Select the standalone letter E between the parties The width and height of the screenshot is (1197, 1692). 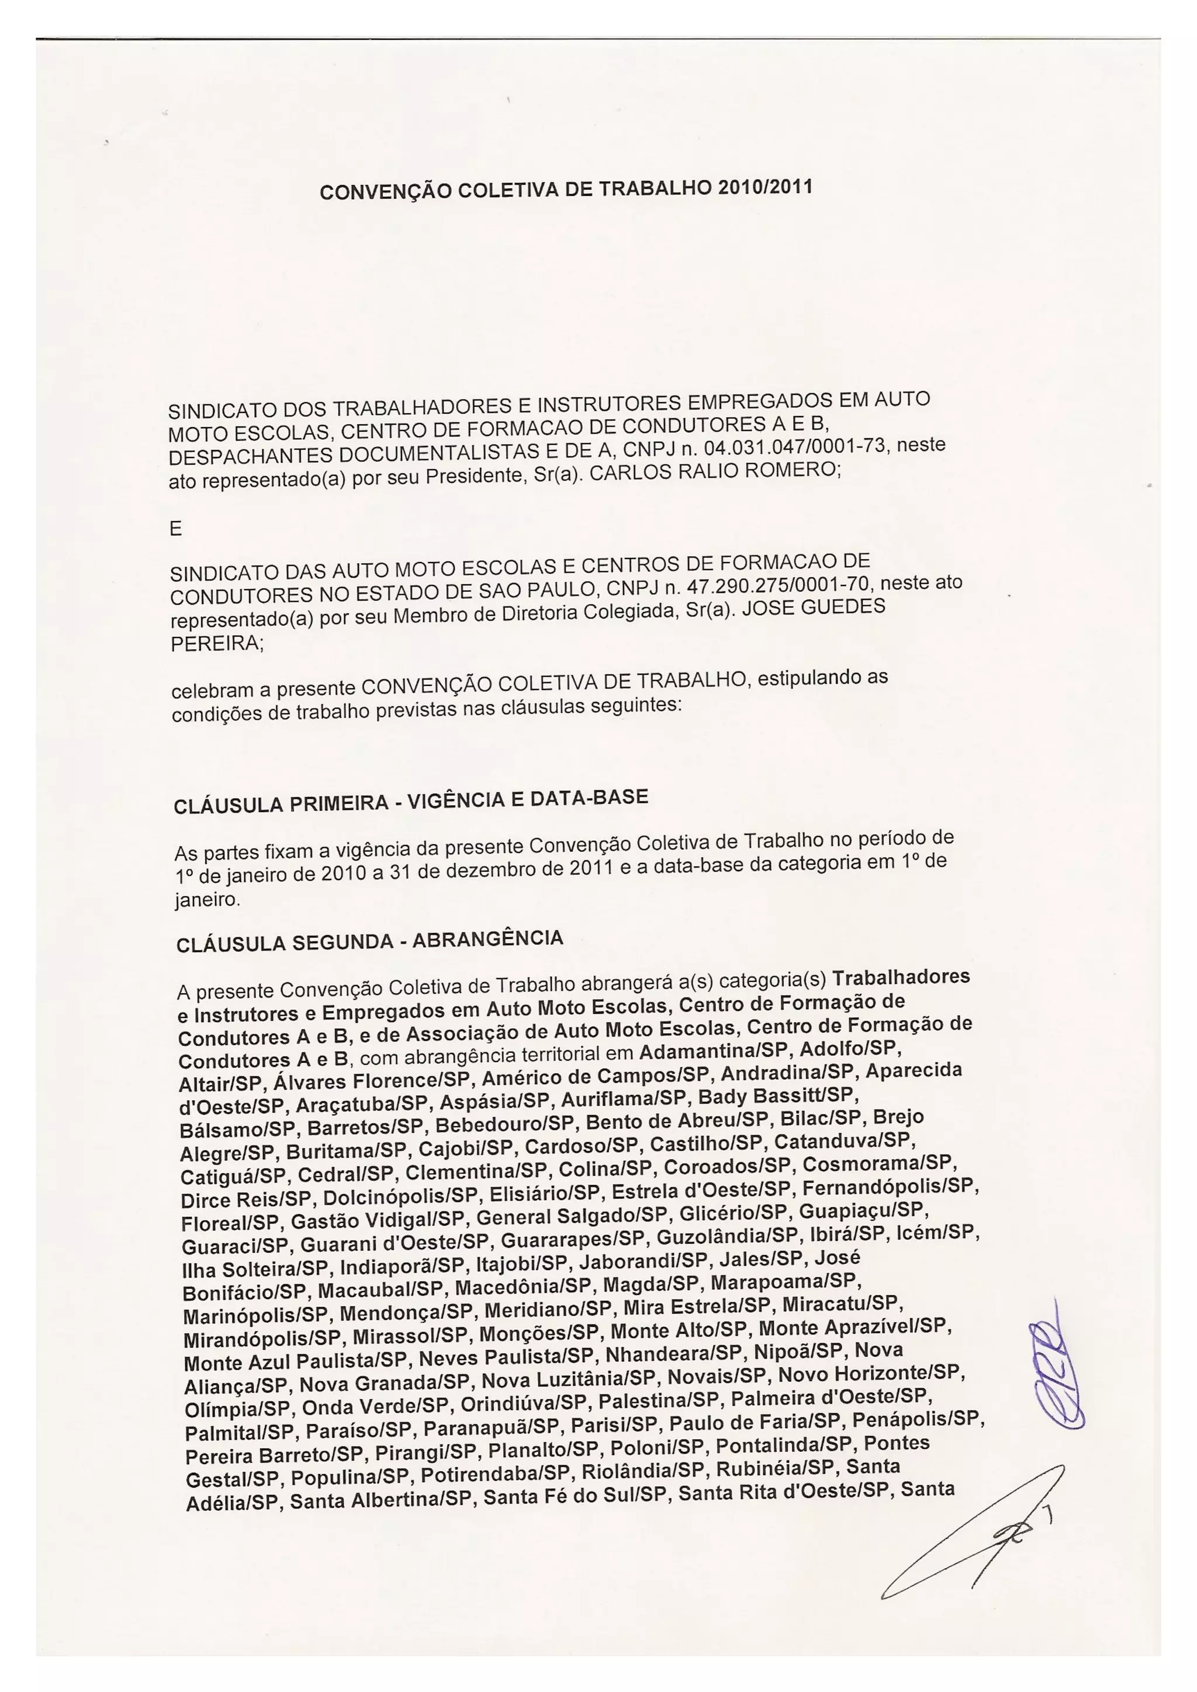(175, 529)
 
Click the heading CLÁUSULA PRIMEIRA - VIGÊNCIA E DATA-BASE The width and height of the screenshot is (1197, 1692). (410, 801)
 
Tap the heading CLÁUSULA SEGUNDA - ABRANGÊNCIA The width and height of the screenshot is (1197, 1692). (369, 941)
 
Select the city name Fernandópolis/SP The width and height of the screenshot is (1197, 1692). (890, 1187)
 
